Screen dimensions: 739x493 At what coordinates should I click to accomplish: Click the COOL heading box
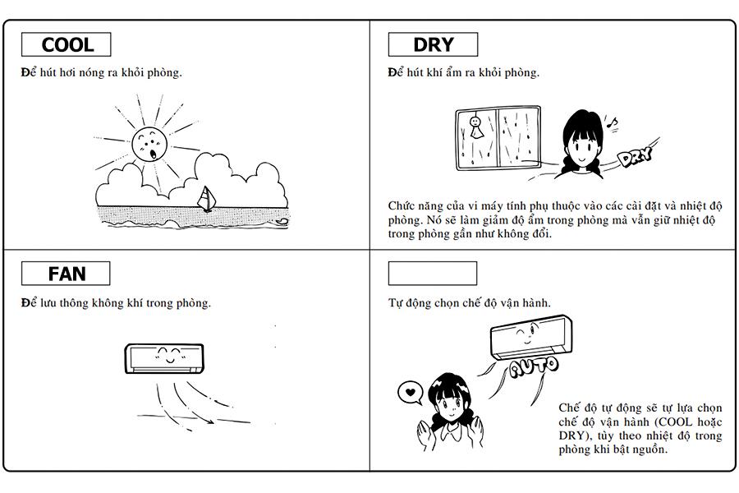coord(66,44)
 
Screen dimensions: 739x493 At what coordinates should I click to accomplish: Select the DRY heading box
coord(433,44)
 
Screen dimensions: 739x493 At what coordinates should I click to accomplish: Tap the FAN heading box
coord(66,274)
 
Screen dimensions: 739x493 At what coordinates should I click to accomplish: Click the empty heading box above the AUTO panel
coord(432,274)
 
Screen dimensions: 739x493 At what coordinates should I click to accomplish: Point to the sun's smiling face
coord(149,145)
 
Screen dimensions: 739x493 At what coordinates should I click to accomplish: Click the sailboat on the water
coord(206,199)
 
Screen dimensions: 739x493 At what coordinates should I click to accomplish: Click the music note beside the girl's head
coord(612,123)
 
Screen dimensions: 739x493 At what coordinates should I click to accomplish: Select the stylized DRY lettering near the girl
coord(636,156)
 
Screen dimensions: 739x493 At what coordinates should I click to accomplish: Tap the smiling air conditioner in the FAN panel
coord(164,358)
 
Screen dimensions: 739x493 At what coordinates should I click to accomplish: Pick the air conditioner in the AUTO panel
coord(531,337)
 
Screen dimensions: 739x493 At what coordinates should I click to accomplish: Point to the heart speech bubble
coord(410,393)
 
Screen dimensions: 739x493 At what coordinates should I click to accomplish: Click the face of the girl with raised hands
coord(449,405)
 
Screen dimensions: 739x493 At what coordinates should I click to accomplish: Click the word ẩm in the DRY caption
coord(454,72)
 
